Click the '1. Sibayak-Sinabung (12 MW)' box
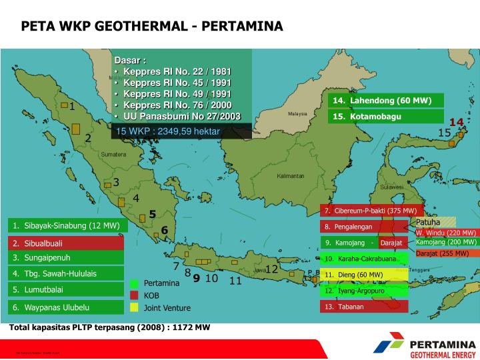coord(65,226)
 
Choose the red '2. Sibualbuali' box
coord(65,243)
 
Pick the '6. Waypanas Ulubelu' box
coord(65,307)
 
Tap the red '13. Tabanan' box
coord(364,307)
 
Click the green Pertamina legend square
coord(134,283)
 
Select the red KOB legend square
coord(134,295)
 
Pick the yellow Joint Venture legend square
coord(134,307)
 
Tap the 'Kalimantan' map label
coord(291,176)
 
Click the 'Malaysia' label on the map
coord(297,113)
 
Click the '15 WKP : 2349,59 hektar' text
coord(168,131)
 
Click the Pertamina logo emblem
coord(389,346)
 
